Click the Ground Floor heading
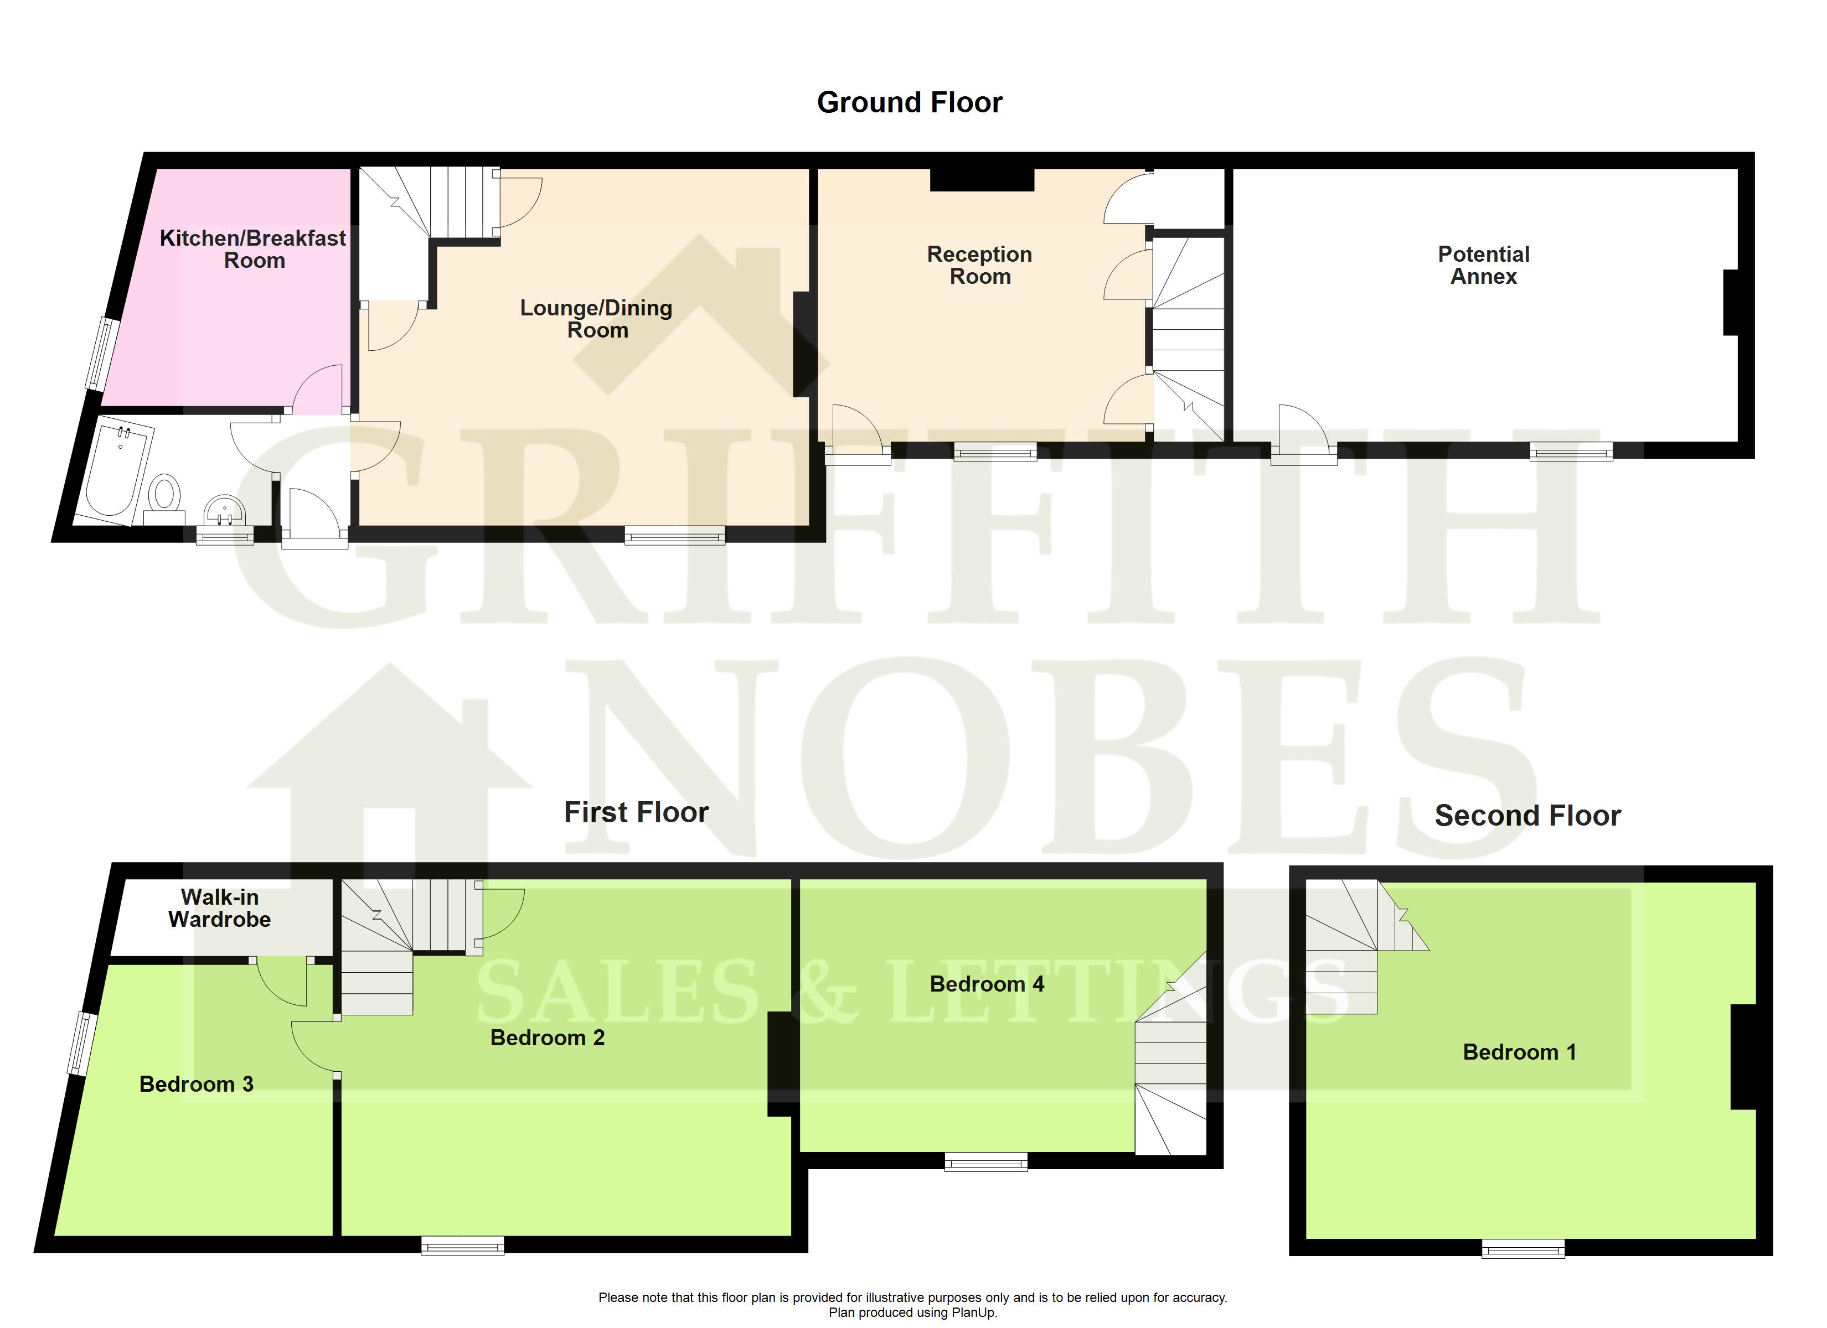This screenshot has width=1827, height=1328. pyautogui.click(x=910, y=102)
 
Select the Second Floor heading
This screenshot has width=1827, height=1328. pyautogui.click(x=1527, y=816)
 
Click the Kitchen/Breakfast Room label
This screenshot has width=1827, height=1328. pyautogui.click(x=253, y=249)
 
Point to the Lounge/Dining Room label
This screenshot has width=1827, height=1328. pyautogui.click(x=596, y=319)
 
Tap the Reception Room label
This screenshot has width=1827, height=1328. pyautogui.click(x=979, y=265)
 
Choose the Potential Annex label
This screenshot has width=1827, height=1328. pyautogui.click(x=1484, y=265)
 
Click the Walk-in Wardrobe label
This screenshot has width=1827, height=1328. pyautogui.click(x=219, y=907)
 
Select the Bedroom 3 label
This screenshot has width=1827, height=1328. pyautogui.click(x=197, y=1084)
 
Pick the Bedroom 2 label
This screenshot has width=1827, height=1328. pyautogui.click(x=548, y=1037)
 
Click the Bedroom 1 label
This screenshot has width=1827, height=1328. pyautogui.click(x=1519, y=1052)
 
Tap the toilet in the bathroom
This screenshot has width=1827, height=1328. pyautogui.click(x=164, y=497)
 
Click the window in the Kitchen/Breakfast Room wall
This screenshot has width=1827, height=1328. pyautogui.click(x=103, y=354)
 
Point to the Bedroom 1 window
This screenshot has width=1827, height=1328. pyautogui.click(x=1523, y=1248)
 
